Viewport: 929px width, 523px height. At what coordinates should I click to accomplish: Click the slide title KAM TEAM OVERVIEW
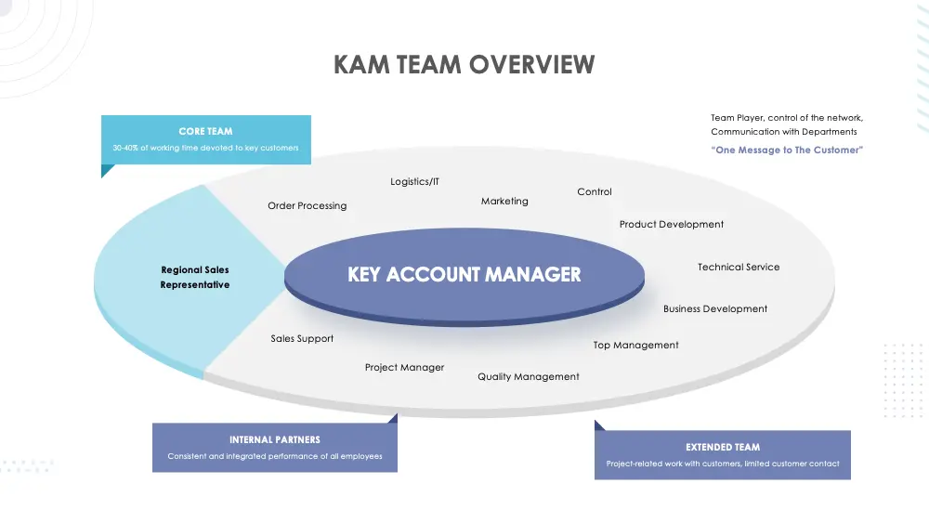[x=464, y=64]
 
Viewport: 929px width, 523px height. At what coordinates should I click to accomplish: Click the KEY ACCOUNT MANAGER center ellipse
[x=464, y=275]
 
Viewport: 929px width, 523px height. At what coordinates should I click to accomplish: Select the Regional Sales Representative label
[x=195, y=278]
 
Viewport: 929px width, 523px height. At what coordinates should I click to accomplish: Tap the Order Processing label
[x=307, y=205]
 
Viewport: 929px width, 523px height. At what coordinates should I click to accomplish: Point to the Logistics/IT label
[x=414, y=182]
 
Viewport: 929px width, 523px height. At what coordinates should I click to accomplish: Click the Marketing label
[x=504, y=201]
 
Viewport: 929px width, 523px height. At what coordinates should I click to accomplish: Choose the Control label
[x=595, y=191]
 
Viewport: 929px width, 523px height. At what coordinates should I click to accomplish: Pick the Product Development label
[x=671, y=224]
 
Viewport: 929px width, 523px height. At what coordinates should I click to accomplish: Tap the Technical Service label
[x=739, y=267]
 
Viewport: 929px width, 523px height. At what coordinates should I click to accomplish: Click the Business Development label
[x=715, y=308]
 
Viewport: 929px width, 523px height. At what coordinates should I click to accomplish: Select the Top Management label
[x=635, y=345]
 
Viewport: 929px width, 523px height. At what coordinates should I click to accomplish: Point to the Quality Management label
[x=528, y=376]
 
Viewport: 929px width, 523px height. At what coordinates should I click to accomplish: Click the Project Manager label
[x=404, y=367]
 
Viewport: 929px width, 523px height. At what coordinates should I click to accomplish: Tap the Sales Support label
[x=302, y=338]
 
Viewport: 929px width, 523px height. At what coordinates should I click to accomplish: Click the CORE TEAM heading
[x=205, y=132]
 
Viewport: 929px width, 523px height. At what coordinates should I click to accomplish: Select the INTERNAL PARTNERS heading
[x=274, y=439]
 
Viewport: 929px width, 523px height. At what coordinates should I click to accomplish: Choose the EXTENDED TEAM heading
[x=722, y=447]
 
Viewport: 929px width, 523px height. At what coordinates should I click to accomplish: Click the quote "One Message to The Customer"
[x=786, y=150]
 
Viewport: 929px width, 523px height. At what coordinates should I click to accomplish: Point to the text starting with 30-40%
[x=205, y=148]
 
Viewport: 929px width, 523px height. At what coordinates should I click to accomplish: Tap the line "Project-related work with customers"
[x=722, y=464]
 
